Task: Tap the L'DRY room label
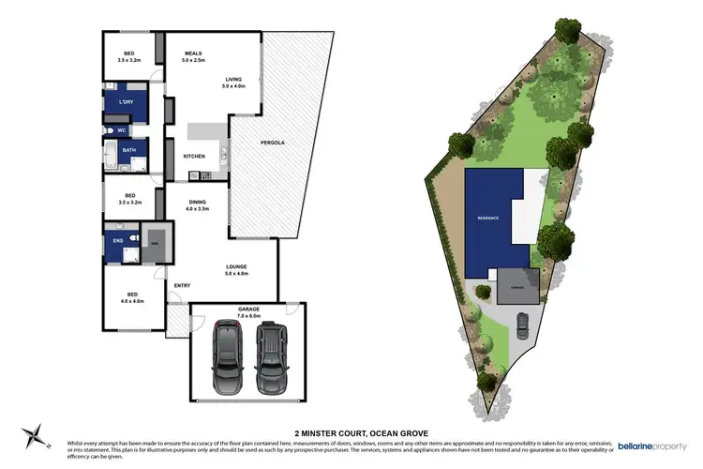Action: [x=127, y=101]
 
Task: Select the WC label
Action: [x=122, y=130]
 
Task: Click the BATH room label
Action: [x=127, y=150]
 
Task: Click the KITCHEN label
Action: [x=194, y=156]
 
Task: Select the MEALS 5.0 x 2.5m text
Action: [x=193, y=56]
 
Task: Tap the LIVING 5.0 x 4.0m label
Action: [x=233, y=83]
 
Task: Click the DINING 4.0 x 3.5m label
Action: [x=198, y=205]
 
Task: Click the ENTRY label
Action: [x=182, y=285]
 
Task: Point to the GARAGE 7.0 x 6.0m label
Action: [x=248, y=311]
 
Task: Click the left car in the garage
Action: [x=227, y=358]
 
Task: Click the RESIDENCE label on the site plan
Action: [x=487, y=218]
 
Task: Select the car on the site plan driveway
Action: [x=522, y=325]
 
